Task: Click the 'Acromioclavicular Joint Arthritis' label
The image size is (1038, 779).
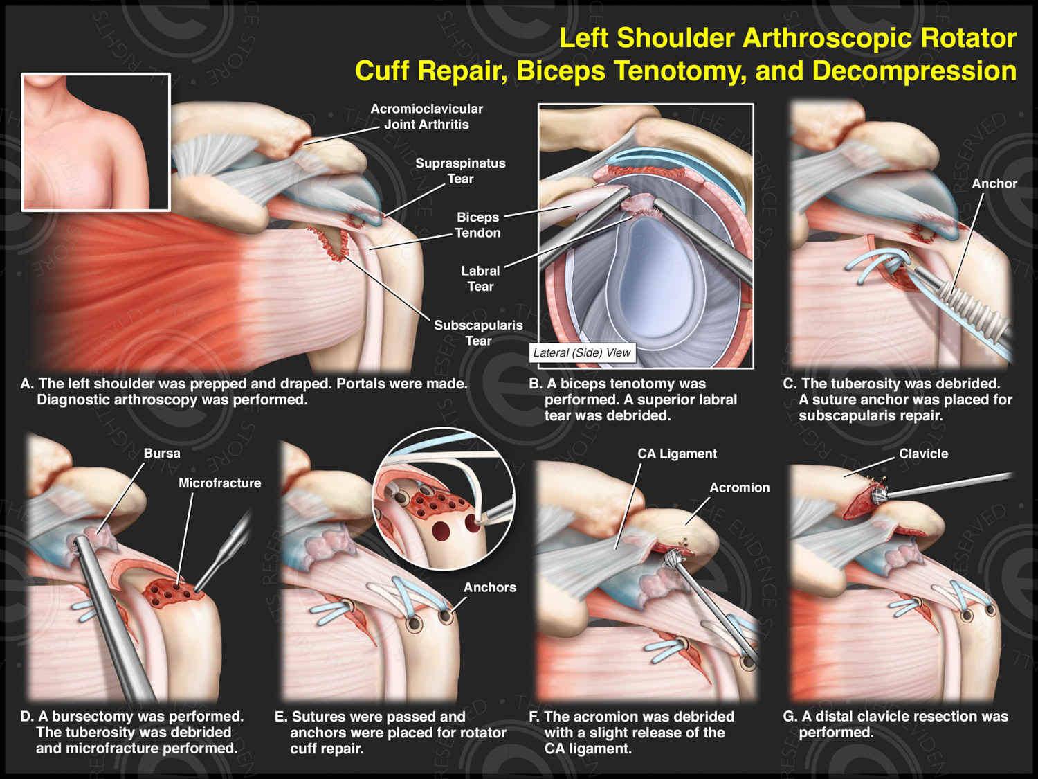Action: pyautogui.click(x=426, y=116)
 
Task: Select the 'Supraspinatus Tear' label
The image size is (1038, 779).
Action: pyautogui.click(x=460, y=171)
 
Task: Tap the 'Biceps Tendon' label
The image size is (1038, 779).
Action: pyautogui.click(x=477, y=225)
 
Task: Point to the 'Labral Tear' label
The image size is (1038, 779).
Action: pyautogui.click(x=480, y=278)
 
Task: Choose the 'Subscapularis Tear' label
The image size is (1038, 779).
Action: pyautogui.click(x=478, y=332)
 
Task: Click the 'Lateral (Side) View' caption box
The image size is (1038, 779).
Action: pyautogui.click(x=582, y=353)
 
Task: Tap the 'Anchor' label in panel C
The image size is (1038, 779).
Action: pyautogui.click(x=994, y=183)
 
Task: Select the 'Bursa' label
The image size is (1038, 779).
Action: pyautogui.click(x=162, y=454)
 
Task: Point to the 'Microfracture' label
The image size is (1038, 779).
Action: pyautogui.click(x=219, y=483)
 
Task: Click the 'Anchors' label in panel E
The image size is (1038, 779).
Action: pyautogui.click(x=490, y=587)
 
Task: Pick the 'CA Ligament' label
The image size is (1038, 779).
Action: pyautogui.click(x=677, y=454)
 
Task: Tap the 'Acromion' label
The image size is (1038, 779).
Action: pyautogui.click(x=739, y=487)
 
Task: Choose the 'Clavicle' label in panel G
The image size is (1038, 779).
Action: pyautogui.click(x=923, y=454)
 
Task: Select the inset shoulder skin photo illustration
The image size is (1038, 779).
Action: pyautogui.click(x=95, y=141)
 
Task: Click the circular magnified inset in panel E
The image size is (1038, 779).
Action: pyautogui.click(x=444, y=499)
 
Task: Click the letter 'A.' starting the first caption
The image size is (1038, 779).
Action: pyautogui.click(x=27, y=384)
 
